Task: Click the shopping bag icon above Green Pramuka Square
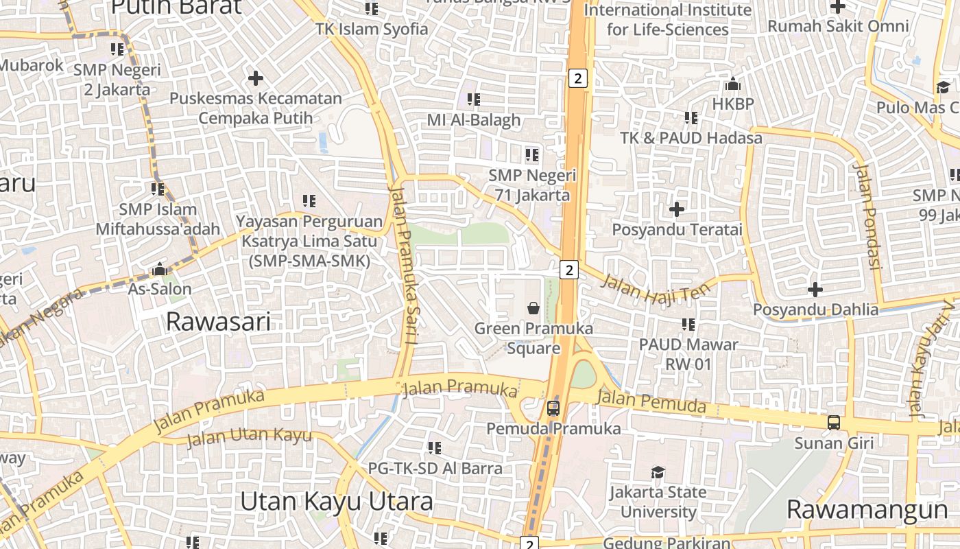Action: click(533, 308)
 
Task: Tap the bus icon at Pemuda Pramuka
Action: click(553, 408)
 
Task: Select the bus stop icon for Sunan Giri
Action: click(834, 423)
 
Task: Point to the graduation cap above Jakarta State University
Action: click(658, 472)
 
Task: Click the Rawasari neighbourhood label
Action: click(219, 321)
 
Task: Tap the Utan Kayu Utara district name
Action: click(336, 502)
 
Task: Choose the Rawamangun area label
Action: click(867, 510)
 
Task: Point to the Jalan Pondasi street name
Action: click(867, 216)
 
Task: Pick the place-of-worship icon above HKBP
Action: click(733, 84)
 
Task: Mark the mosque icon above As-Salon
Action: click(160, 269)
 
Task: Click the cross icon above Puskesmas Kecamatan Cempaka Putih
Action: click(256, 78)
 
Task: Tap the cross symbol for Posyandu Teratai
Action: click(677, 209)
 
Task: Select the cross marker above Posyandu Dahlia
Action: click(815, 289)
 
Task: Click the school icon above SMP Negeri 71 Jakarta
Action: click(532, 155)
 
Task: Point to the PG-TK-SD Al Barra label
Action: click(435, 468)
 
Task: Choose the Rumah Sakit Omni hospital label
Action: click(838, 26)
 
